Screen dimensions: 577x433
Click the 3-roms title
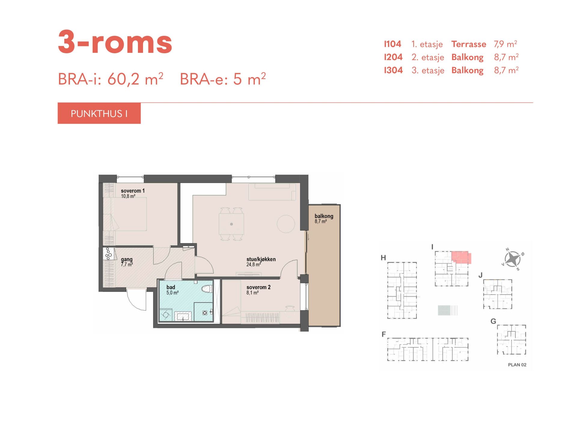[x=115, y=42]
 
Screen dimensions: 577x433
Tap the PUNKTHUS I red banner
[x=99, y=113]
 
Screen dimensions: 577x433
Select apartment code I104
[x=392, y=44]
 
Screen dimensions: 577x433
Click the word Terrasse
[x=469, y=44]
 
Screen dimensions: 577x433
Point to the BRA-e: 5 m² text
[x=223, y=79]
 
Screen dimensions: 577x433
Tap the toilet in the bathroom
[x=207, y=289]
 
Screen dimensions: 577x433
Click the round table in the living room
[x=286, y=224]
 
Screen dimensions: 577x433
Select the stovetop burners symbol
[x=108, y=253]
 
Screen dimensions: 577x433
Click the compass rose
[x=512, y=259]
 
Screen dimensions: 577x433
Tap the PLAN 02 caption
[x=517, y=365]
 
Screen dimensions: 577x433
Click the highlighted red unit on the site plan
[x=461, y=257]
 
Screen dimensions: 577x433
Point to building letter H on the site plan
[x=383, y=258]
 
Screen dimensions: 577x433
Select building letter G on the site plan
[x=493, y=321]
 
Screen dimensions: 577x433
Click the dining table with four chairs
[x=231, y=224]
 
